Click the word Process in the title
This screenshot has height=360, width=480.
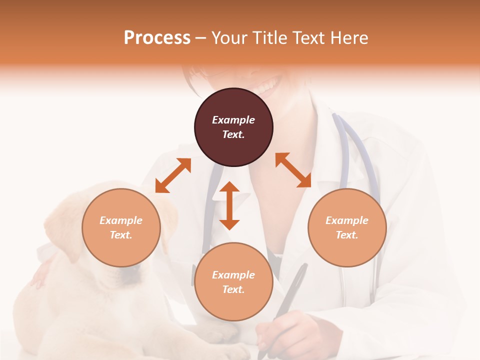pos(157,37)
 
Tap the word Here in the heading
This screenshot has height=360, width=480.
pos(348,37)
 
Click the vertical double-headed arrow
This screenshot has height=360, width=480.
pos(229,205)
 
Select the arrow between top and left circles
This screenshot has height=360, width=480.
pos(173,175)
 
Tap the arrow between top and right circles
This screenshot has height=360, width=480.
pos(293,170)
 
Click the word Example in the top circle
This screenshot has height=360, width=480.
pos(233,120)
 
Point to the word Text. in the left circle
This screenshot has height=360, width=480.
pos(121,235)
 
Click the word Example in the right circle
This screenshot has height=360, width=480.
pos(347,220)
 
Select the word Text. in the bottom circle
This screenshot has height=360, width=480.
pos(233,289)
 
